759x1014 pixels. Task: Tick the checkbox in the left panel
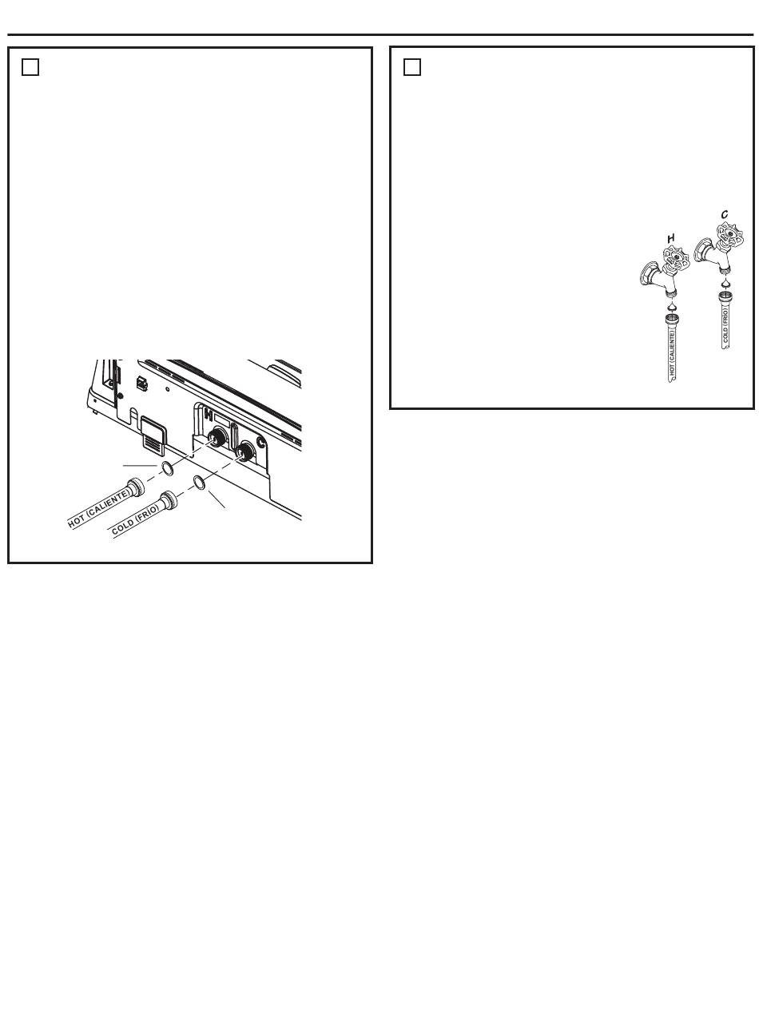coord(30,67)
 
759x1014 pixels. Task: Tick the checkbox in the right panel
coord(411,67)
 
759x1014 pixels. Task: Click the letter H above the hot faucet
coord(671,238)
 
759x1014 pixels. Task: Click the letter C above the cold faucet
coord(725,215)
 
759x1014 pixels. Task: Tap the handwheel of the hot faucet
coord(677,258)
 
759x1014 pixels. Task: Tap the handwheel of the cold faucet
coord(730,234)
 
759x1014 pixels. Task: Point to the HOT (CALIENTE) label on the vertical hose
coord(672,353)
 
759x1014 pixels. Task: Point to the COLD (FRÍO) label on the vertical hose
coord(725,326)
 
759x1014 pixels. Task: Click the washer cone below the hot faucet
coord(672,307)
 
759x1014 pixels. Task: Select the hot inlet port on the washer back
coord(216,436)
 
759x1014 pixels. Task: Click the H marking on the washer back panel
coord(209,416)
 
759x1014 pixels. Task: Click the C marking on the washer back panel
coord(260,442)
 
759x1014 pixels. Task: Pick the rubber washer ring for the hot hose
coord(168,469)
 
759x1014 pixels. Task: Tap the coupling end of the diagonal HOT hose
coord(135,487)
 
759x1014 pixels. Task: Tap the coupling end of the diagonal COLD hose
coord(167,499)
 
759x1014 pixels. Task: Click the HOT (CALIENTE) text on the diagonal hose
coord(99,510)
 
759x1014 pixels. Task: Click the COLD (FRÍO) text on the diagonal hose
coord(135,519)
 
